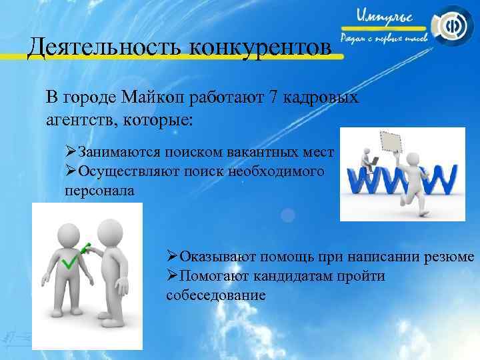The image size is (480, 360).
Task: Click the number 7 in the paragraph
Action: pos(273,98)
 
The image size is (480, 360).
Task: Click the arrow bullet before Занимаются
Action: pos(70,152)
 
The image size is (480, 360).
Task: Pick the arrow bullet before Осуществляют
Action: pos(70,171)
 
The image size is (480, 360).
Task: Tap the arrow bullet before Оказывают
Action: pos(171,257)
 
